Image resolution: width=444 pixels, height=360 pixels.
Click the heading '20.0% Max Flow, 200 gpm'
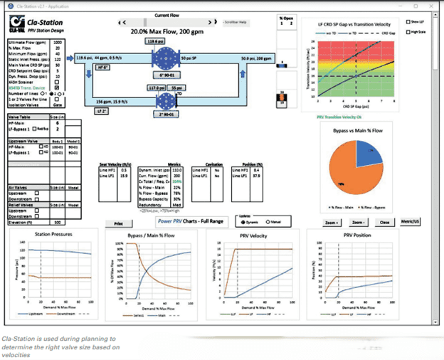(166, 32)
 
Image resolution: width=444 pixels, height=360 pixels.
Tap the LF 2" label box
(103, 111)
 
